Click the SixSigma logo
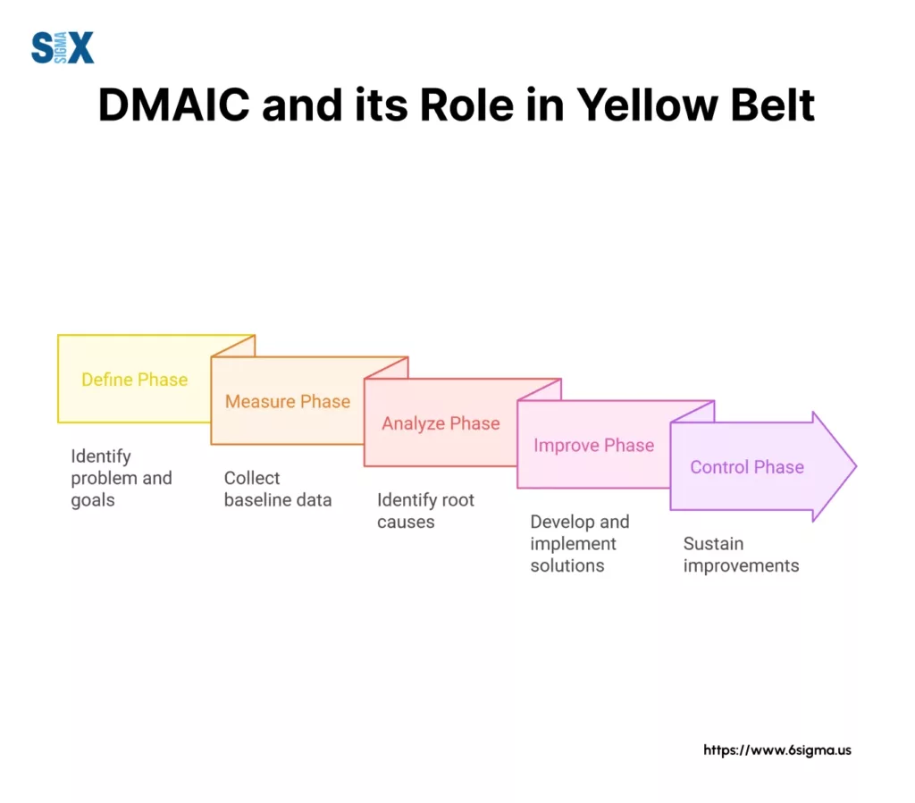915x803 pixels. coord(63,47)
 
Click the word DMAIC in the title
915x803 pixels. coord(174,105)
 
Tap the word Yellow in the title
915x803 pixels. coord(647,105)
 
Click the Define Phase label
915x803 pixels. coord(135,380)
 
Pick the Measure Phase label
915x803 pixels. coord(288,401)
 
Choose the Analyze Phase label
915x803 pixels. coord(441,423)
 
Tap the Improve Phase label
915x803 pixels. coord(594,446)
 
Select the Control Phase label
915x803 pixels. coord(747,467)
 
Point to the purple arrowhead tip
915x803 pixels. coord(856,466)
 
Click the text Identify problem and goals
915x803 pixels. coord(122,478)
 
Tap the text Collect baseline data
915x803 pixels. coord(278,489)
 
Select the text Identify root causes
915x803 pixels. coord(426,511)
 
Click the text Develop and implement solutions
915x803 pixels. coord(580,543)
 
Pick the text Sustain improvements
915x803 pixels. coord(741,555)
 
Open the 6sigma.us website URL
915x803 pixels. coord(777,750)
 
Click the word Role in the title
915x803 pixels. coord(466,105)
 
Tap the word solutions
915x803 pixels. coord(567,565)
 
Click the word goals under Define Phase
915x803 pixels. coord(93,501)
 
